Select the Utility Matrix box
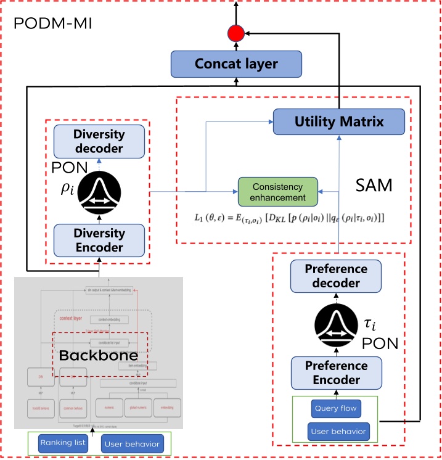click(338, 121)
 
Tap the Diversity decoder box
click(99, 141)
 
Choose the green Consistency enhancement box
click(277, 192)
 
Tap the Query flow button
click(335, 408)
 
